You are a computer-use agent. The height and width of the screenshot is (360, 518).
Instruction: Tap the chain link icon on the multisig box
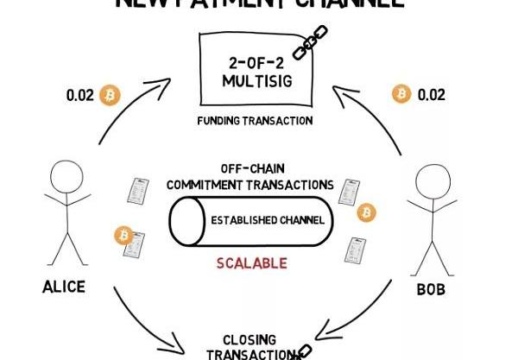pyautogui.click(x=310, y=42)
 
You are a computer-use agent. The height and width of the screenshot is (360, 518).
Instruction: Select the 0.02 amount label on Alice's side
pyautogui.click(x=80, y=95)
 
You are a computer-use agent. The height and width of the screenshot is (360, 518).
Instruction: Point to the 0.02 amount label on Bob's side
pyautogui.click(x=431, y=94)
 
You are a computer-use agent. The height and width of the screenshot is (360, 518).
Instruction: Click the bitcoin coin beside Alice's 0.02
pyautogui.click(x=109, y=94)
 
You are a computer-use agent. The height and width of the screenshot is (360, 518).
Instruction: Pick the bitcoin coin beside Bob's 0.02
pyautogui.click(x=401, y=93)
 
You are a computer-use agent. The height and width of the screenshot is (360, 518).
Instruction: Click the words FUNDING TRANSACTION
pyautogui.click(x=255, y=121)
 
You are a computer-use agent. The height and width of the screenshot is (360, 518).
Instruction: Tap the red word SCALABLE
pyautogui.click(x=252, y=263)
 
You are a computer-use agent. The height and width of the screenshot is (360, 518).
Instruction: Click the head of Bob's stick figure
pyautogui.click(x=433, y=184)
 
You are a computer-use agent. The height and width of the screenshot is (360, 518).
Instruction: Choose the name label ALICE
pyautogui.click(x=64, y=287)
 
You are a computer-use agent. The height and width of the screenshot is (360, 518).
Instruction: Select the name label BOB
pyautogui.click(x=431, y=290)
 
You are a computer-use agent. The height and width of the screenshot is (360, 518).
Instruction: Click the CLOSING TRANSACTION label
pyautogui.click(x=250, y=346)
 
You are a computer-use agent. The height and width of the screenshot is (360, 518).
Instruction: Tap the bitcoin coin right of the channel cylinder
pyautogui.click(x=367, y=212)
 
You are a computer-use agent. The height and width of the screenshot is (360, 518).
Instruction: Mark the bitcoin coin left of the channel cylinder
pyautogui.click(x=123, y=234)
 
